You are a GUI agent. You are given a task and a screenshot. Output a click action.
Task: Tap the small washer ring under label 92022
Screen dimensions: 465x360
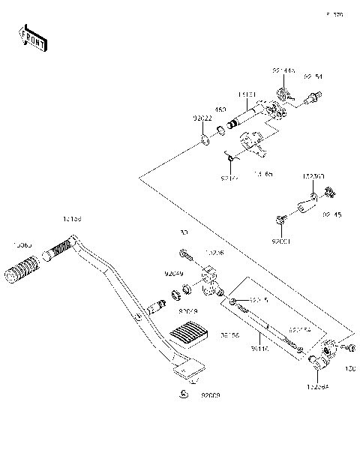pyautogui.click(x=205, y=140)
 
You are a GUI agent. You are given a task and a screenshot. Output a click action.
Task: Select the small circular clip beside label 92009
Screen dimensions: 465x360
pyautogui.click(x=182, y=394)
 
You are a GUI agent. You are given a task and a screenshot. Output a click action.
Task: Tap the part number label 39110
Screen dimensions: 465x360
pyautogui.click(x=259, y=349)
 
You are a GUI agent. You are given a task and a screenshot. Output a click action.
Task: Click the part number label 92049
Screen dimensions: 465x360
pyautogui.click(x=173, y=275)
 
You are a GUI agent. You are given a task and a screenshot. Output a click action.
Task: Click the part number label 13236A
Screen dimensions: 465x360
pyautogui.click(x=318, y=387)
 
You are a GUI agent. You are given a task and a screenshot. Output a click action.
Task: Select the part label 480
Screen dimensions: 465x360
pyautogui.click(x=221, y=109)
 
